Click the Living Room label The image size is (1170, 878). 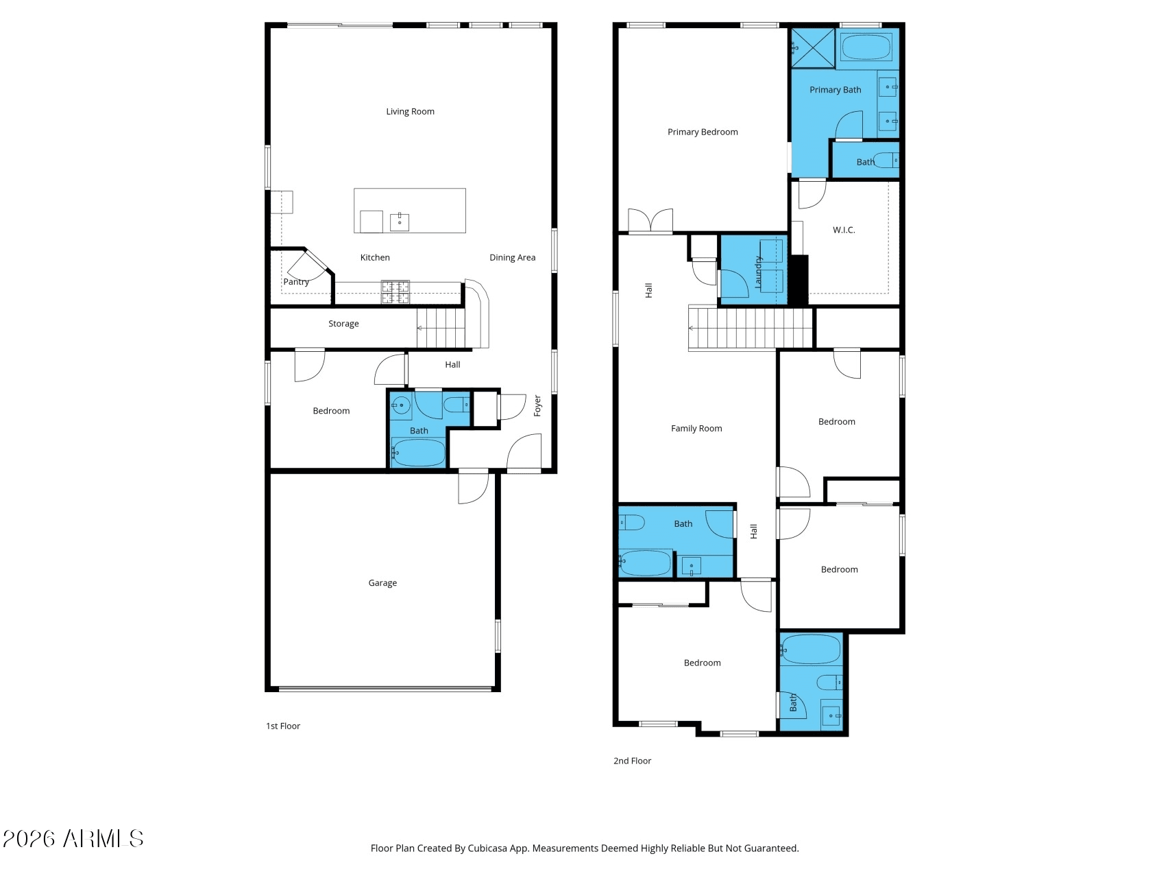coord(410,111)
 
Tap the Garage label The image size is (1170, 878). coord(382,583)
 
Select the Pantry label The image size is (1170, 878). coord(296,282)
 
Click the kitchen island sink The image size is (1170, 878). coord(400,222)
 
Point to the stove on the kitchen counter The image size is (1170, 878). coord(395,292)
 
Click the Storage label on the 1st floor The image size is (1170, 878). coord(343,324)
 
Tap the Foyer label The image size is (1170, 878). coord(537,405)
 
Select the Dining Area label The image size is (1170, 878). coord(513,257)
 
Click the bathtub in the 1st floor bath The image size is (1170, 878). coord(418,453)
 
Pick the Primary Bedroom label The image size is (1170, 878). coord(703,132)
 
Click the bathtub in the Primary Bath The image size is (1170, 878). coord(866,47)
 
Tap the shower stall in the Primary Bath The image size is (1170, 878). coord(813,47)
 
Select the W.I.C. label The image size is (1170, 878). coord(844,230)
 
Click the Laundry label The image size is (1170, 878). coord(758,272)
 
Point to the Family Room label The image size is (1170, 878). coord(696,429)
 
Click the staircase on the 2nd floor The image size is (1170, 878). coord(751,329)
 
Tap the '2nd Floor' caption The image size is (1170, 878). coord(632,761)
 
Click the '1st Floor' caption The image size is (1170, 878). coord(283,726)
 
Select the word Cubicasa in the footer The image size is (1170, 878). coord(487,849)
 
